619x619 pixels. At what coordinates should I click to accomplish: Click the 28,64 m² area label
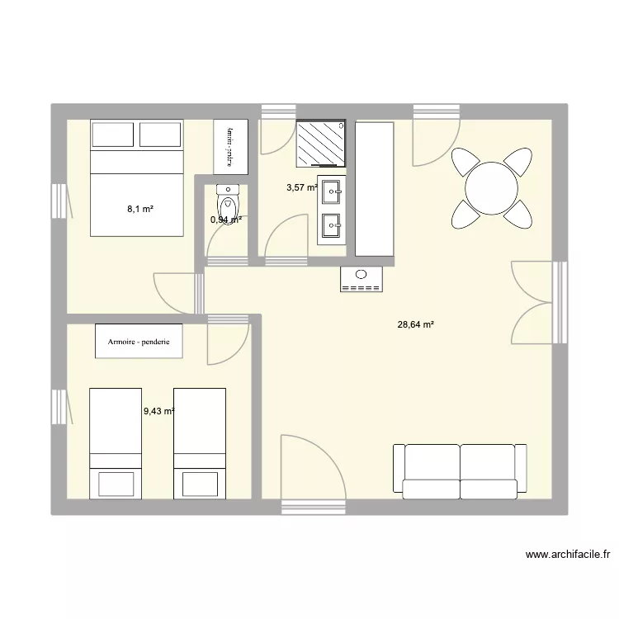(x=415, y=325)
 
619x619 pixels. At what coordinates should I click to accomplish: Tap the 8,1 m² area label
(x=140, y=210)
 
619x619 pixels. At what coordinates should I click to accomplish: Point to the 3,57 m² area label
(x=302, y=187)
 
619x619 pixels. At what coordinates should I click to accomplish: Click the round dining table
(x=491, y=188)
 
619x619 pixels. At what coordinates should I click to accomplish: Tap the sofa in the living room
(x=460, y=471)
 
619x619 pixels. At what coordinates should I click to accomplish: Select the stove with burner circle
(x=361, y=280)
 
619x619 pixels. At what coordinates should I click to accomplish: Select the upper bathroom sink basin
(x=331, y=192)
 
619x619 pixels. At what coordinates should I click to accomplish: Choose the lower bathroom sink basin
(x=331, y=223)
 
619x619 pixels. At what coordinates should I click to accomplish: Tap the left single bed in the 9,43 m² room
(x=115, y=443)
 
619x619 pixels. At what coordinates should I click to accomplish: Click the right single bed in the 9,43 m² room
(x=200, y=443)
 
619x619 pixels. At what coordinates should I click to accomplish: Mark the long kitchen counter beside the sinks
(x=375, y=189)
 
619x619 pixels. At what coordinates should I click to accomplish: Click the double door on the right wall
(x=535, y=303)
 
